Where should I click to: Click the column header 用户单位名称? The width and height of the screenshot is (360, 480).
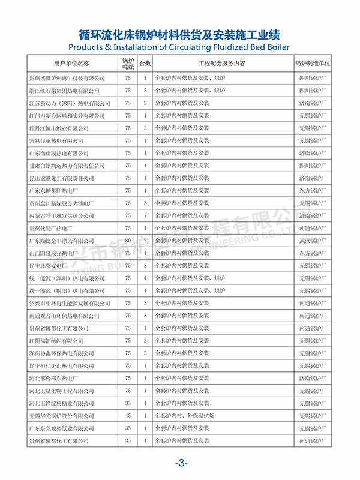click(x=71, y=62)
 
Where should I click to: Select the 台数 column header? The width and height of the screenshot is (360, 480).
click(x=145, y=62)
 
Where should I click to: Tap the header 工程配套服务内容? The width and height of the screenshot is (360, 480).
click(x=221, y=62)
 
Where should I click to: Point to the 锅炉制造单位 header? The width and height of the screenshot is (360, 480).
click(x=313, y=62)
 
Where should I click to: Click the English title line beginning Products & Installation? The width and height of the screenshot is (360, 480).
click(x=179, y=46)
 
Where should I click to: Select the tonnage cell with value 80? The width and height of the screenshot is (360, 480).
click(x=128, y=240)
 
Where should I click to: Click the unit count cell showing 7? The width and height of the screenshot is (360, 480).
click(x=145, y=215)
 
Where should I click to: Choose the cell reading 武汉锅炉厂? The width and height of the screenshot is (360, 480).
click(x=313, y=240)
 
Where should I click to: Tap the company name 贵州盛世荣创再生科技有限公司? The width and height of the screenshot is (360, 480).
click(x=67, y=78)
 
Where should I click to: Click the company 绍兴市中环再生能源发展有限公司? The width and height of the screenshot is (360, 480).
click(x=70, y=303)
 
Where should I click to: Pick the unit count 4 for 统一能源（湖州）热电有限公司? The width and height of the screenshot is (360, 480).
click(x=145, y=278)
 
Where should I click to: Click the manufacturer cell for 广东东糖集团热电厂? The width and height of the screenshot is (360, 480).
click(x=313, y=190)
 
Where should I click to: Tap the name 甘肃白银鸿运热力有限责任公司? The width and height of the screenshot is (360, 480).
click(x=65, y=166)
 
